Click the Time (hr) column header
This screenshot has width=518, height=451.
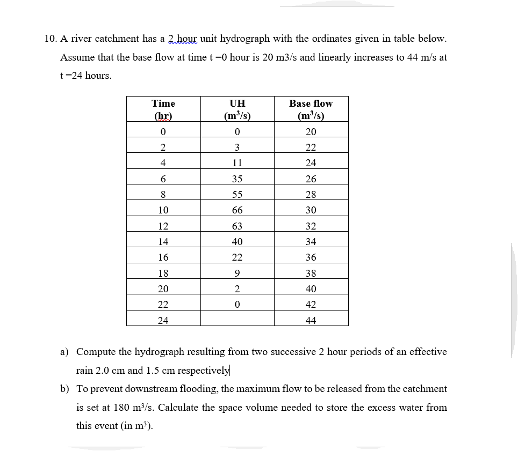pyautogui.click(x=163, y=109)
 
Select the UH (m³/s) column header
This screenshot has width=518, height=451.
pyautogui.click(x=237, y=109)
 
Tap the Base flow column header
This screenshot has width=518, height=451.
pyautogui.click(x=311, y=109)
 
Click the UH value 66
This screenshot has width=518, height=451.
pyautogui.click(x=237, y=210)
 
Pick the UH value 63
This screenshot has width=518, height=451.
pyautogui.click(x=237, y=226)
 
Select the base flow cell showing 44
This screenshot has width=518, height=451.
pyautogui.click(x=311, y=321)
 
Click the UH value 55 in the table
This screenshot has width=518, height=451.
pyautogui.click(x=237, y=195)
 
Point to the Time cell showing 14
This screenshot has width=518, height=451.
pyautogui.click(x=163, y=242)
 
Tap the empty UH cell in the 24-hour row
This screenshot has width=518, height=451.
pyautogui.click(x=237, y=321)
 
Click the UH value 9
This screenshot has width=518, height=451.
pyautogui.click(x=237, y=273)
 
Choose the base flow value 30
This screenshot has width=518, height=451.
pyautogui.click(x=311, y=210)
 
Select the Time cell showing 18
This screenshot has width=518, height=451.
pyautogui.click(x=163, y=273)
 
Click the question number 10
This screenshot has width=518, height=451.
pyautogui.click(x=50, y=39)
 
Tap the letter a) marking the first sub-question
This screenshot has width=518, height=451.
pyautogui.click(x=64, y=352)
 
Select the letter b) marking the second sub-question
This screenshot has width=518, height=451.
pyautogui.click(x=64, y=389)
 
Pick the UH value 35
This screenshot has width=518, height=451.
pyautogui.click(x=237, y=179)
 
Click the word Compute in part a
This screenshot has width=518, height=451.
pyautogui.click(x=96, y=352)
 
